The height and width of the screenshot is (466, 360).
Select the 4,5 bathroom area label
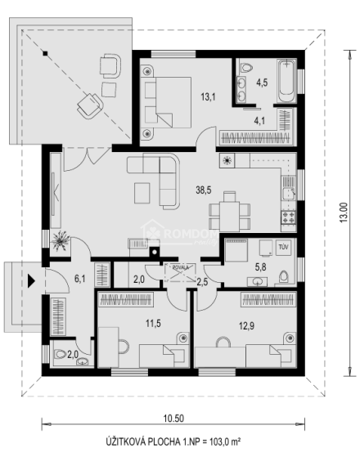tap(263, 83)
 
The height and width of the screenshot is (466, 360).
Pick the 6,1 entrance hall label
tap(80, 279)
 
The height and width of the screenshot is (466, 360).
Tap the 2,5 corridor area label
tap(203, 282)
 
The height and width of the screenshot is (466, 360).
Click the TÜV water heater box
tap(284, 246)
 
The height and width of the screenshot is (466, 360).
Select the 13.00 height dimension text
tap(344, 215)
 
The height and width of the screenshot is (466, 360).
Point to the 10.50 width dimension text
tap(172, 419)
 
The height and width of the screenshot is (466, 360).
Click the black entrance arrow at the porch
tap(31, 281)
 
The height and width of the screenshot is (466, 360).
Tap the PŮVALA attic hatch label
tap(179, 267)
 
